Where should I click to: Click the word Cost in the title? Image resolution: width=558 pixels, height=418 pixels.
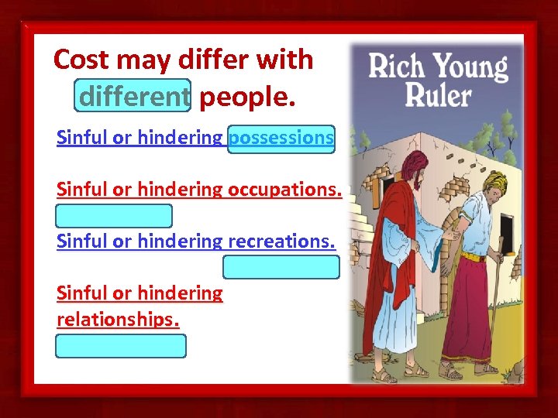[x=82, y=60]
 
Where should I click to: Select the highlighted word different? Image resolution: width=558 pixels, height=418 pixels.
[x=133, y=96]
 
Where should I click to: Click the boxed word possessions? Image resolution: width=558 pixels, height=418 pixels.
[x=281, y=138]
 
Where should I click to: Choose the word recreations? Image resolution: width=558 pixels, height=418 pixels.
[x=281, y=241]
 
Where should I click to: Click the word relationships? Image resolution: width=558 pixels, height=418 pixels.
[x=118, y=319]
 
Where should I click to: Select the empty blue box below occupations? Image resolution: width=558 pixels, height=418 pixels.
[x=114, y=215]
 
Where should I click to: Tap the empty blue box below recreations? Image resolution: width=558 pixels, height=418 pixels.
[x=281, y=267]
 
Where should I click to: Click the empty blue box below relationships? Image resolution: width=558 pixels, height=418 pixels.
[x=120, y=345]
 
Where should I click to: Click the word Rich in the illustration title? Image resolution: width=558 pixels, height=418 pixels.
[x=398, y=67]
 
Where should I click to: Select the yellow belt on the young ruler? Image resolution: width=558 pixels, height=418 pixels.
[x=474, y=256]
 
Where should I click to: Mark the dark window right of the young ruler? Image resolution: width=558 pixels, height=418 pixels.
[x=508, y=229]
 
